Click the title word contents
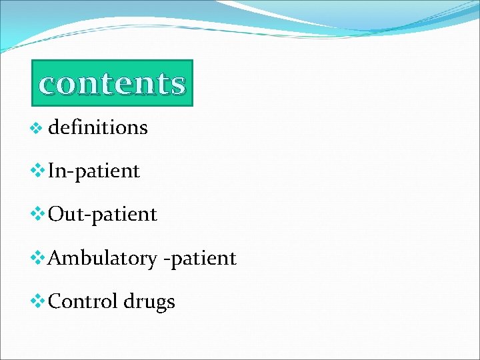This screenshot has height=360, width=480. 112,84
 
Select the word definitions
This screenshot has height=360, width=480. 98,127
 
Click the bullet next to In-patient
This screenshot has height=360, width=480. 38,171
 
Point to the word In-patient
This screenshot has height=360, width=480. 94,171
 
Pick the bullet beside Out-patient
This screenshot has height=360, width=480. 38,214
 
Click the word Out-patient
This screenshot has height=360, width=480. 103,214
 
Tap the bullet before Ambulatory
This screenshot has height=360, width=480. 38,257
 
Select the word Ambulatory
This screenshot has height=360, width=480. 103,258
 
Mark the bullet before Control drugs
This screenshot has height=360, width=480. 38,301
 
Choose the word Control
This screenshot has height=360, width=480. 83,301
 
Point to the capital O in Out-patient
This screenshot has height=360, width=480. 57,214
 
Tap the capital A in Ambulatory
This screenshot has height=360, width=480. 56,258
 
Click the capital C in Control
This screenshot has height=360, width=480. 56,301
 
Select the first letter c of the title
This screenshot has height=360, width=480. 48,85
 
